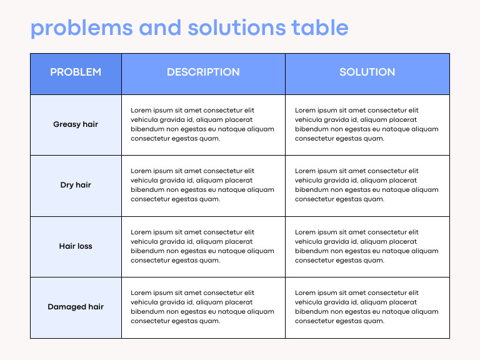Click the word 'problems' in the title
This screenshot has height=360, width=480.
(81, 28)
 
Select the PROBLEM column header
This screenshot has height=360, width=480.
(76, 72)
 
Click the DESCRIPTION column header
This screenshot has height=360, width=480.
(203, 72)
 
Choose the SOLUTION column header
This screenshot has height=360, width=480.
(367, 72)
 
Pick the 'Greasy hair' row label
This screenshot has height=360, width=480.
(76, 124)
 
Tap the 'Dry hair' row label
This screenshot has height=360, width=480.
(76, 185)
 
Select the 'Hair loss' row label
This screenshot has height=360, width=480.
(76, 246)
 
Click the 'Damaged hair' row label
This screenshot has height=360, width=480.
(76, 307)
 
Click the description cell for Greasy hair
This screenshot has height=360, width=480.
(202, 124)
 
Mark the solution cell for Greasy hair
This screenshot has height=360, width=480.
(367, 124)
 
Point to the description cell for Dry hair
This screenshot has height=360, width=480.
(202, 185)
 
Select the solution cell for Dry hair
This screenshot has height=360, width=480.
(367, 185)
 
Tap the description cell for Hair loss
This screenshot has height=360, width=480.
(202, 246)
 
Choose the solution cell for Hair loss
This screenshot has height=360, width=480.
(367, 246)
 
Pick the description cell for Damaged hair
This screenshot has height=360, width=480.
(202, 307)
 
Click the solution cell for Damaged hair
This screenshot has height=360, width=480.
(367, 307)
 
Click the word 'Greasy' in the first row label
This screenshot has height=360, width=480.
(67, 124)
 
